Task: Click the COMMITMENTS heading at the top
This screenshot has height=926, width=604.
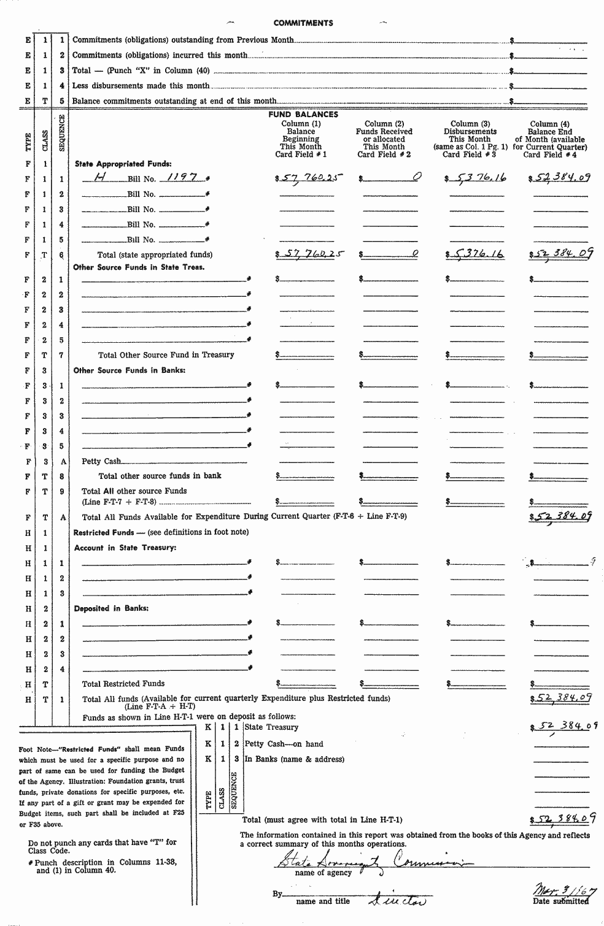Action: (x=303, y=23)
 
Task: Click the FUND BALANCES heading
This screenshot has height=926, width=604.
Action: (x=303, y=115)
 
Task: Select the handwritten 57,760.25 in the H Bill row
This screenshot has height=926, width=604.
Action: (x=309, y=178)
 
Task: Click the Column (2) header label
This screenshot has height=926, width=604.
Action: (x=384, y=124)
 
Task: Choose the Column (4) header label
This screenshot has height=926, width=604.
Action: (x=550, y=124)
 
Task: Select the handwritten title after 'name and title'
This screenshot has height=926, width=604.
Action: (x=398, y=900)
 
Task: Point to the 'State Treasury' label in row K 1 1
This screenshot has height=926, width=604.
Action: (x=271, y=727)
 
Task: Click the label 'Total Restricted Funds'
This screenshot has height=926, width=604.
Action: (x=123, y=684)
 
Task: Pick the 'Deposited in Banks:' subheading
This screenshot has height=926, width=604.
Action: (x=110, y=609)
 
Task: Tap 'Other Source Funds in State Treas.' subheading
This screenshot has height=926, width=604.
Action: (x=139, y=267)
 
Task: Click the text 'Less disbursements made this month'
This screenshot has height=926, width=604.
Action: (x=141, y=86)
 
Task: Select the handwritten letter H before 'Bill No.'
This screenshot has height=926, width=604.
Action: (x=98, y=178)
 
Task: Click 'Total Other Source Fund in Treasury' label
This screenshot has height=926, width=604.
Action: (x=166, y=355)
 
